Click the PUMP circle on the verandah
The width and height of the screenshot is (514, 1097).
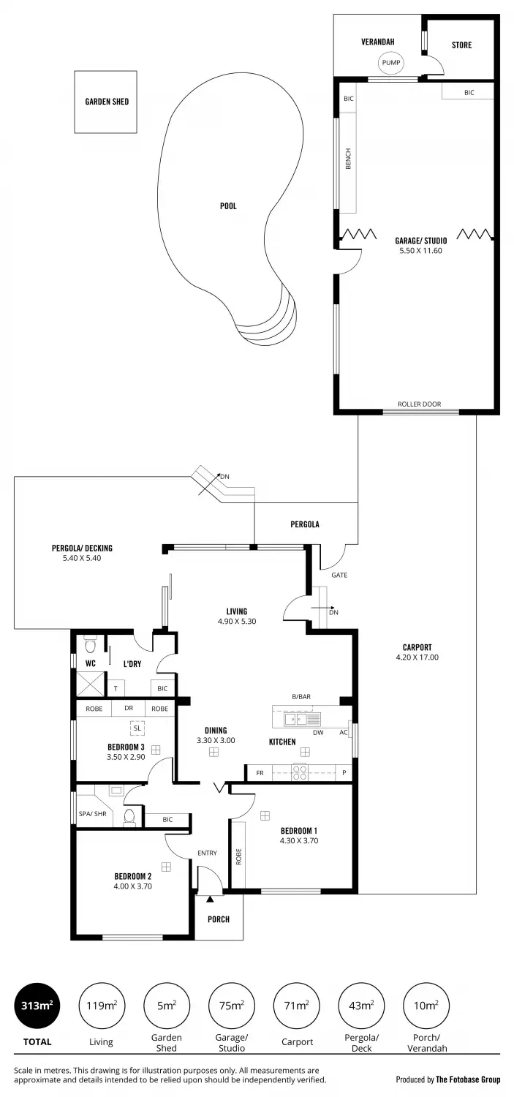point(390,64)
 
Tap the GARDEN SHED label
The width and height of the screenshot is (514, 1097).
point(106,102)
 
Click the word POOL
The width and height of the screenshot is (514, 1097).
point(228,206)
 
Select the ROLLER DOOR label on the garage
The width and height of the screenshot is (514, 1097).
point(419,404)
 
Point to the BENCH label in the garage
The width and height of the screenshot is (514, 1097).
point(348,159)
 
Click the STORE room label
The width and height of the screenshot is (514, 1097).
point(461,45)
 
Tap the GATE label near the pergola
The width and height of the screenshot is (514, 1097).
point(339,575)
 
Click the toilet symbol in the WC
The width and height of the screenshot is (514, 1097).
point(91,645)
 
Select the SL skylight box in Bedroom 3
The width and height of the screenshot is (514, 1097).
point(137,728)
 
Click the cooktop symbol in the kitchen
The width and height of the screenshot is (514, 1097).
point(299,772)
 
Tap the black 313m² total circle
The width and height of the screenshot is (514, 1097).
point(37,1006)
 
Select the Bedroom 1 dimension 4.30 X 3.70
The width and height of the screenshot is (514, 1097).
point(299,841)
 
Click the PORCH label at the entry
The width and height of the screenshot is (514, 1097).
point(219,919)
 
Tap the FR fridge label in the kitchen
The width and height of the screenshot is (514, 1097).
point(259,772)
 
